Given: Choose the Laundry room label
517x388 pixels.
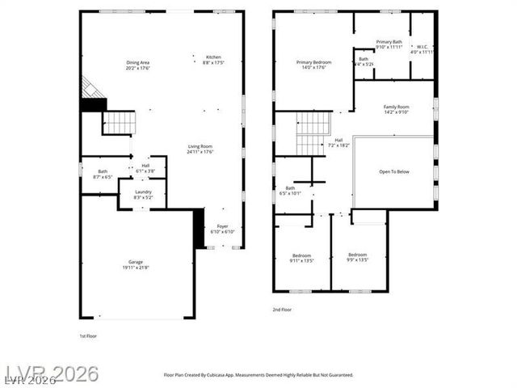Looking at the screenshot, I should tap(143, 194).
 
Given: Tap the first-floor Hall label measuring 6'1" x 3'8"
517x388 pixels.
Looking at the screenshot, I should tap(145, 168).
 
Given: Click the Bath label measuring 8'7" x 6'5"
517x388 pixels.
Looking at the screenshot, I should tap(103, 173).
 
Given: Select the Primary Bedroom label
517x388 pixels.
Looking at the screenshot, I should tap(313, 65).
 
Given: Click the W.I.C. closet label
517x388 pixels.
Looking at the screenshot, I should tap(423, 49).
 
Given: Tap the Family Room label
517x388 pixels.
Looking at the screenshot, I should tap(396, 109).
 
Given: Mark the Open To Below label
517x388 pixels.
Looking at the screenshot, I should tap(394, 171).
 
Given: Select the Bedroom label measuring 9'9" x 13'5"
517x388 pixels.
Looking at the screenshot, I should tap(357, 257).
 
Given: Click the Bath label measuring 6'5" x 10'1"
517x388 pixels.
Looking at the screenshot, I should tap(288, 190).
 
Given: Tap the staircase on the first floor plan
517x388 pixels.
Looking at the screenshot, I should tap(120, 123).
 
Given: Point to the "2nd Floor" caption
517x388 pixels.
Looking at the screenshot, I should tap(283, 310).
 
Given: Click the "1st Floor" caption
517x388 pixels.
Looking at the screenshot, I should tap(88, 335).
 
